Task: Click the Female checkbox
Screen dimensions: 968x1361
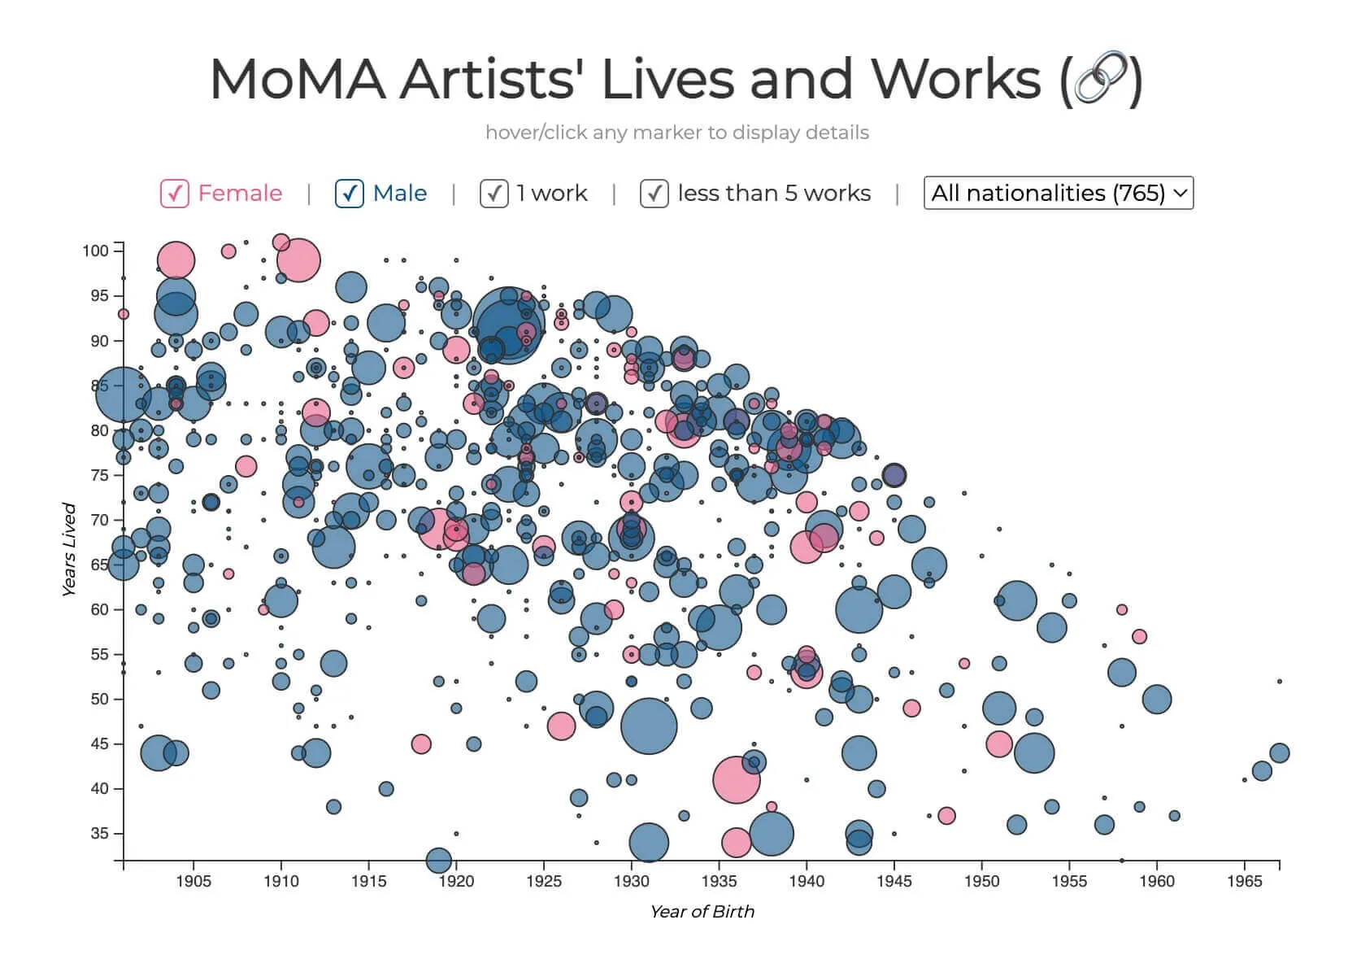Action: coord(175,194)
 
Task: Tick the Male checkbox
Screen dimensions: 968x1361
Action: coord(350,194)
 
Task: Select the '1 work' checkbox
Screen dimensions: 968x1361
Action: coord(494,194)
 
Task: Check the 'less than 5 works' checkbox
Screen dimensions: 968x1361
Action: coord(654,194)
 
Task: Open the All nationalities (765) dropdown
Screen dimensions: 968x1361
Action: coord(1058,194)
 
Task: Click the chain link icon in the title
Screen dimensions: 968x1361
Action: coord(1102,80)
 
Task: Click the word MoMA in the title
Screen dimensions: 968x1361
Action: coord(297,80)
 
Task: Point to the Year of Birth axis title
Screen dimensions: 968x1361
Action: coord(702,912)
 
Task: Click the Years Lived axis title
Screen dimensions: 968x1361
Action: coord(69,550)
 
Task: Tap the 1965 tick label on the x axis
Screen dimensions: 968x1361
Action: coord(1244,882)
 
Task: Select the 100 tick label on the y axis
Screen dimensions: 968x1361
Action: coord(95,251)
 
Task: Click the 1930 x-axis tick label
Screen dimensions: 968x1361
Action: coord(631,882)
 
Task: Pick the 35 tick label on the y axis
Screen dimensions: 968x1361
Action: coord(99,834)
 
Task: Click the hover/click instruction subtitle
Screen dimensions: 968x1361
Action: coord(676,133)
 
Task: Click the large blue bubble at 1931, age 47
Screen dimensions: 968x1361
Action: coord(649,726)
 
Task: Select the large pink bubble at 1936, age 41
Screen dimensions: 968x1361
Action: coord(737,779)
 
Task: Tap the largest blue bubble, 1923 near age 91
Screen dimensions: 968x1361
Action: coord(508,325)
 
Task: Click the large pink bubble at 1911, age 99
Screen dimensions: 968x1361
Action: coord(298,260)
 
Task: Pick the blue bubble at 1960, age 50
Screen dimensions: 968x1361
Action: coord(1157,699)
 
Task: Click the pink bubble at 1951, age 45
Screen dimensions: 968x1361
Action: coord(999,743)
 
